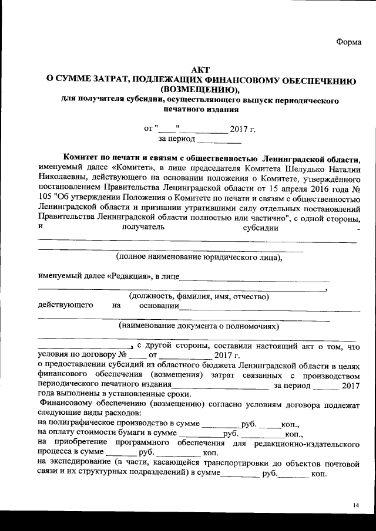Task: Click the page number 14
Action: pos(356,505)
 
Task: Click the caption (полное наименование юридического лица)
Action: pos(199,256)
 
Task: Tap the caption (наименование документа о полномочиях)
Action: pos(199,326)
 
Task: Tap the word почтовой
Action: pos(340,463)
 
